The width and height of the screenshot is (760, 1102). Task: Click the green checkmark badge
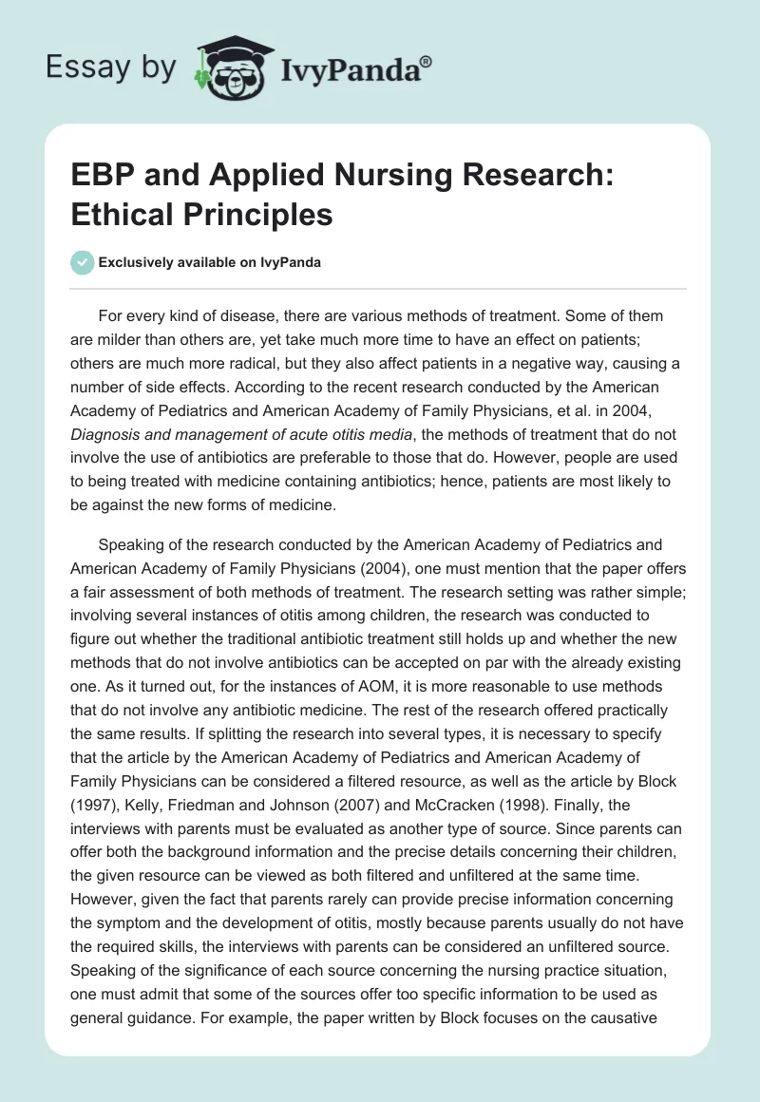coord(82,262)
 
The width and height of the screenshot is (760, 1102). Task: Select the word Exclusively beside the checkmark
coord(134,262)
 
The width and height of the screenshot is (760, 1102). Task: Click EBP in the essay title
coord(98,180)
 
